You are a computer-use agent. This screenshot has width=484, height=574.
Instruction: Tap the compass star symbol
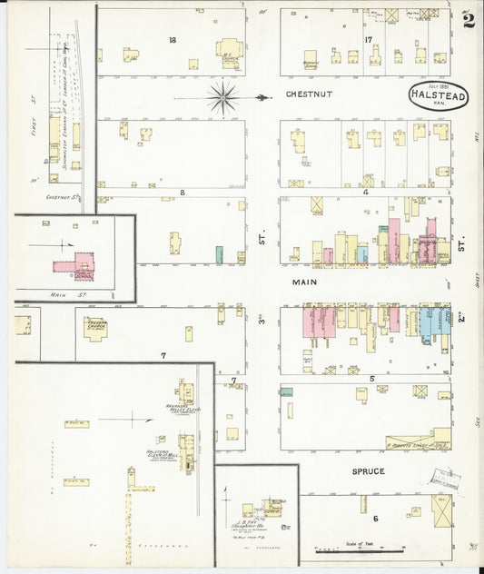click(x=222, y=96)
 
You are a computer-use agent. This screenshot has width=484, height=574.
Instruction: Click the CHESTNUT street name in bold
click(x=310, y=94)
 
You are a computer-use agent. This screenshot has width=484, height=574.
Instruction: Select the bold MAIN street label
click(x=301, y=282)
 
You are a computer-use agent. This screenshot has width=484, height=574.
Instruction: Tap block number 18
click(x=172, y=40)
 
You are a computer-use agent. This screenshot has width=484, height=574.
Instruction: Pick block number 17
click(x=368, y=40)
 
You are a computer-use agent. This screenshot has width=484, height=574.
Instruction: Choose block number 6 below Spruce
click(x=374, y=519)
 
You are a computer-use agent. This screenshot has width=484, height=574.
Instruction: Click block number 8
click(x=182, y=193)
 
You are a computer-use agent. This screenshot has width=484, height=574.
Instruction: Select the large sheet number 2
click(x=468, y=20)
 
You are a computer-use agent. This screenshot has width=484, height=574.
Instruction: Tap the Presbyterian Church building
click(x=94, y=327)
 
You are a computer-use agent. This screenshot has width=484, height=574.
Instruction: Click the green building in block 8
click(x=219, y=255)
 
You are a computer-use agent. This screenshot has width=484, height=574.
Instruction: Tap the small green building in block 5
click(x=286, y=391)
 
